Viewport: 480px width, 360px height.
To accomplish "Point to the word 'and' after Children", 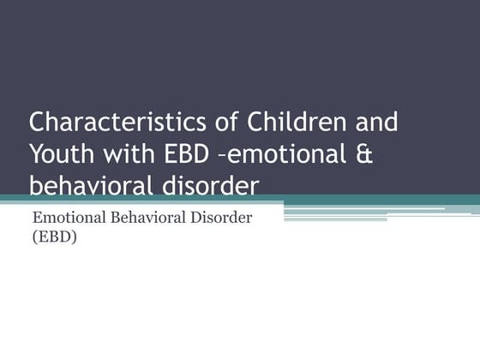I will coord(376,122).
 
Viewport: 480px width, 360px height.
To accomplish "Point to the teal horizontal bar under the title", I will coord(240,200).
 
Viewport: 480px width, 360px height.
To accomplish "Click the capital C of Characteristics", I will coord(39,122).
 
